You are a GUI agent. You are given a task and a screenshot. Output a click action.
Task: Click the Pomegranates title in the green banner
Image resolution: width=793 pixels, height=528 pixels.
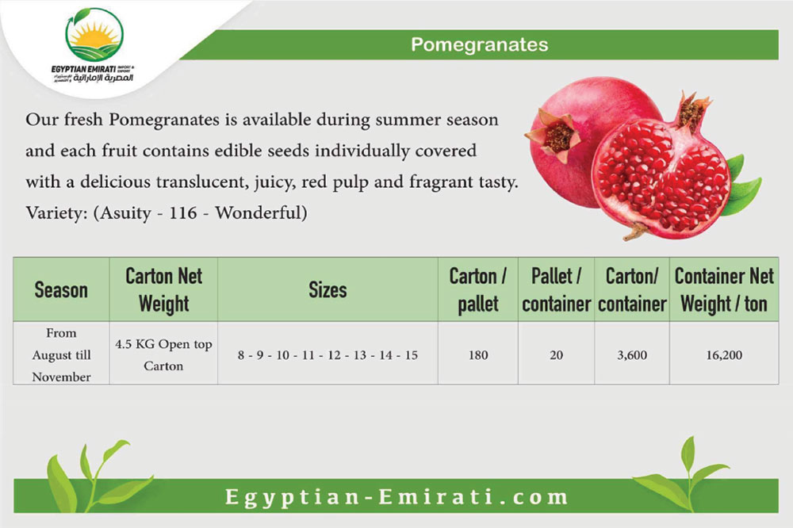(x=480, y=44)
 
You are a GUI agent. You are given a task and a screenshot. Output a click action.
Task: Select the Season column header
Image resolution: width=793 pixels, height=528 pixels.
(x=61, y=290)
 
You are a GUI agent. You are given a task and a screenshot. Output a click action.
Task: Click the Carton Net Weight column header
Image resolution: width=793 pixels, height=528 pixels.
(x=164, y=290)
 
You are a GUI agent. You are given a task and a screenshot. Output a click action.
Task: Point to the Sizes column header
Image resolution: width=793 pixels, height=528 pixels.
(x=328, y=290)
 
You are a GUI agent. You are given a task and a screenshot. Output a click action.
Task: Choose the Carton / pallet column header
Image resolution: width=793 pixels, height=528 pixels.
(x=478, y=290)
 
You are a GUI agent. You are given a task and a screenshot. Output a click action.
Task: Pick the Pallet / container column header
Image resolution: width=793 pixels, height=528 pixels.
(x=557, y=290)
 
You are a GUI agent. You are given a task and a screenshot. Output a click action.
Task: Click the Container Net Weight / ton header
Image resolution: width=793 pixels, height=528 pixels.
(x=724, y=290)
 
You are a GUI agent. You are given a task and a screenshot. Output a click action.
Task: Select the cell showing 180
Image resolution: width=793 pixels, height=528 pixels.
(x=478, y=355)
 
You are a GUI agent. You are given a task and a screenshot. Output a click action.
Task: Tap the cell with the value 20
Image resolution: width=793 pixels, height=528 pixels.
(x=557, y=355)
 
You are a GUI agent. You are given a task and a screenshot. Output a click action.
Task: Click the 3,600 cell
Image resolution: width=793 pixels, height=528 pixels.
(x=632, y=355)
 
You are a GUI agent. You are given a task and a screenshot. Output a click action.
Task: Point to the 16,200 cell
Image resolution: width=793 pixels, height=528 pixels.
(x=724, y=355)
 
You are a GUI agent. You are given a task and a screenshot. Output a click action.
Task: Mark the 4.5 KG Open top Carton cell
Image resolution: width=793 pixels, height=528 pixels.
(x=163, y=354)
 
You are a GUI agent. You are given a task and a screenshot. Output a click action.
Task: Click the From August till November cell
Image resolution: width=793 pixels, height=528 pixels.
(x=61, y=354)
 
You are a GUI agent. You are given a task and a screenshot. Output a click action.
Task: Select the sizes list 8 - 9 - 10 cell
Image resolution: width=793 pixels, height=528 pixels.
(x=328, y=355)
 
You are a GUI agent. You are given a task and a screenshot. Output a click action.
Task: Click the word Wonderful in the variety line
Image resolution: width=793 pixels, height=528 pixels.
(x=261, y=212)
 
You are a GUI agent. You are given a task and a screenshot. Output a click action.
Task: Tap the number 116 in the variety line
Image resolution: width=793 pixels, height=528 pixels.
(x=182, y=213)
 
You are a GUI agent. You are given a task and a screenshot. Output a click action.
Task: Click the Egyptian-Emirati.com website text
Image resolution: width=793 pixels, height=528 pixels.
(x=396, y=496)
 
